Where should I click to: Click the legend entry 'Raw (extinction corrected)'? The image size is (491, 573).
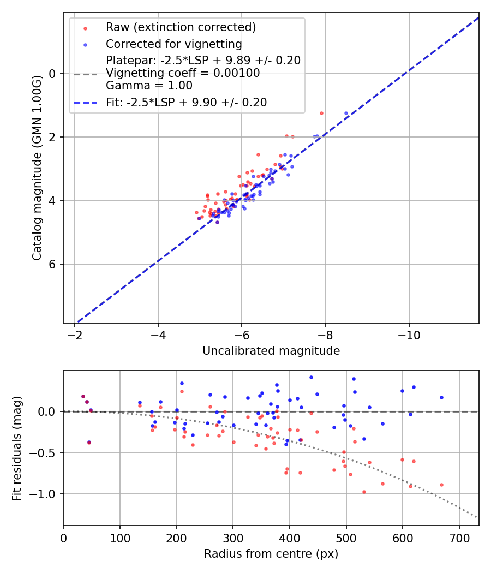click(x=181, y=27)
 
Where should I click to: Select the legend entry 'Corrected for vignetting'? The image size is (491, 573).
click(x=173, y=44)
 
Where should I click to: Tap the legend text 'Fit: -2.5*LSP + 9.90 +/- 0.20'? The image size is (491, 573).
click(x=186, y=103)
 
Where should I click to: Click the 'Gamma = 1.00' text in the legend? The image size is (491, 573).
click(x=149, y=86)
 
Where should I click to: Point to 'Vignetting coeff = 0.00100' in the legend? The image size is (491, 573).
click(x=183, y=73)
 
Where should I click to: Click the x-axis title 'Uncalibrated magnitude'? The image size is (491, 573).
click(x=271, y=351)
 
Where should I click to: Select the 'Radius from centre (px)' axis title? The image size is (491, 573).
click(x=271, y=554)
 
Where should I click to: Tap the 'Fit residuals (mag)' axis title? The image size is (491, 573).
click(x=17, y=448)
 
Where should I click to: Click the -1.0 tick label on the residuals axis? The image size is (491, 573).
click(x=46, y=494)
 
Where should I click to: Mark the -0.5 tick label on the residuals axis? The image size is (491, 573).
click(x=46, y=453)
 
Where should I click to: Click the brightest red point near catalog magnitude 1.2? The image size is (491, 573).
click(x=321, y=113)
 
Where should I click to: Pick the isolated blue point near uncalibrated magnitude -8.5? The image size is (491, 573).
click(x=346, y=113)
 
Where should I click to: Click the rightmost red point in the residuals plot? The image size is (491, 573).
click(x=441, y=485)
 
